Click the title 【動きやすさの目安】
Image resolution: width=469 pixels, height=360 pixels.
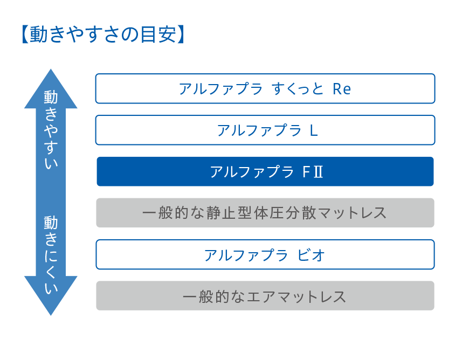tap(104, 34)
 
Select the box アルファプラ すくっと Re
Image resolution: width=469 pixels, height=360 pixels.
tap(265, 88)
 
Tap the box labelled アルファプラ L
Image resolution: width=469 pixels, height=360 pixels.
tap(265, 130)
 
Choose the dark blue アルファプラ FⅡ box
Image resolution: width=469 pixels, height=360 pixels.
tap(265, 171)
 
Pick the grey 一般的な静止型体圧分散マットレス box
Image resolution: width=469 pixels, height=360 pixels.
tap(265, 212)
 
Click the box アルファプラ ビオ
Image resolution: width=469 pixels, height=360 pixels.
tap(265, 254)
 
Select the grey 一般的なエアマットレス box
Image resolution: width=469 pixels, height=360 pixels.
tap(265, 296)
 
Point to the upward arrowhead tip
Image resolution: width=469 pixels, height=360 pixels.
tap(51, 69)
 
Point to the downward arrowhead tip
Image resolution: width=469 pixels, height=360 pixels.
tap(51, 315)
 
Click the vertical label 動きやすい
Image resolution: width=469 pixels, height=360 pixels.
tap(51, 129)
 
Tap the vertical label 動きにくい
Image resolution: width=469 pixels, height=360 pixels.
tap(51, 255)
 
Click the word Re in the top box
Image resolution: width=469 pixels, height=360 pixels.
tap(342, 89)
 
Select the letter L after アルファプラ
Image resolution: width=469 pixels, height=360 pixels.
tap(313, 130)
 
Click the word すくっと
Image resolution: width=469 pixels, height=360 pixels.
tap(298, 89)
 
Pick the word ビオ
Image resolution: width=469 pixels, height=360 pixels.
tap(311, 255)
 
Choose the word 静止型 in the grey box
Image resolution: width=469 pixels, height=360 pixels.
tap(228, 213)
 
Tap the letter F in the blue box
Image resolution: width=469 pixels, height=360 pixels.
tap(306, 171)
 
